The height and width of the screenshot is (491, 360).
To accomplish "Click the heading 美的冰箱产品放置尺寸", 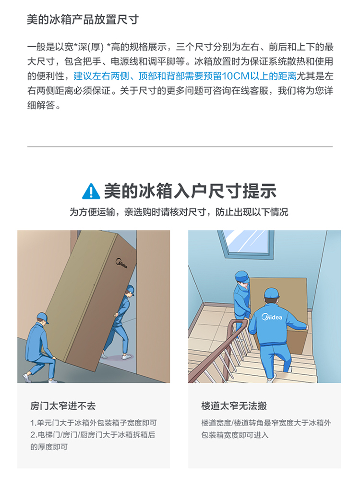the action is (83, 19).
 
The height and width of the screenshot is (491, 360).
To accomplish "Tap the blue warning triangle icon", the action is (91, 191).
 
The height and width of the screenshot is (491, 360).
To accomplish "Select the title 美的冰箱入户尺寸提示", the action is (190, 191).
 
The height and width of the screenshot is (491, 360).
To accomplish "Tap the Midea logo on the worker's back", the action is (272, 317).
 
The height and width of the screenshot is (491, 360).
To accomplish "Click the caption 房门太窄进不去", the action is (63, 406).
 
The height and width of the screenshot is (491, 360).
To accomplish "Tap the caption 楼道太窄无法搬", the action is (234, 406).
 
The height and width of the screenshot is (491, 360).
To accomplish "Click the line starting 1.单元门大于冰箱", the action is (94, 423).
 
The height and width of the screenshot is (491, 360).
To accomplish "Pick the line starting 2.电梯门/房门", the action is (93, 435).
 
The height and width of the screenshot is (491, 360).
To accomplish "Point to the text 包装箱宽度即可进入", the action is (235, 435).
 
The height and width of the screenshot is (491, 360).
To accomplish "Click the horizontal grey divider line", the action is (180, 146).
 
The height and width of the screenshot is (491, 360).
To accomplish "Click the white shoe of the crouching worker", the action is (27, 378).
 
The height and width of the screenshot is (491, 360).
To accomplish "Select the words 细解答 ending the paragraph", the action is (41, 105).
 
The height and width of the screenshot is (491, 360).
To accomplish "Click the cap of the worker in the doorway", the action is (130, 290).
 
